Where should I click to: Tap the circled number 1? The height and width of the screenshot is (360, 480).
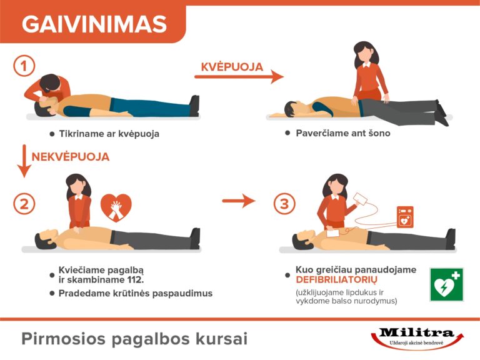click(24, 65)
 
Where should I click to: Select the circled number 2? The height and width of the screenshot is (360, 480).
click(24, 204)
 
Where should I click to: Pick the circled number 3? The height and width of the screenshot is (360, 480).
click(284, 204)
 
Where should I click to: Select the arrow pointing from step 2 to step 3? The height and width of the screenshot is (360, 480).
click(239, 201)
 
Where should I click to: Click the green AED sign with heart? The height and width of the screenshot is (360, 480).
click(446, 285)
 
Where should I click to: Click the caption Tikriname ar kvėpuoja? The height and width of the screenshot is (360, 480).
click(109, 134)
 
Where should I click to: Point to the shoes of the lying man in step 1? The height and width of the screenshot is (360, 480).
click(194, 106)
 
